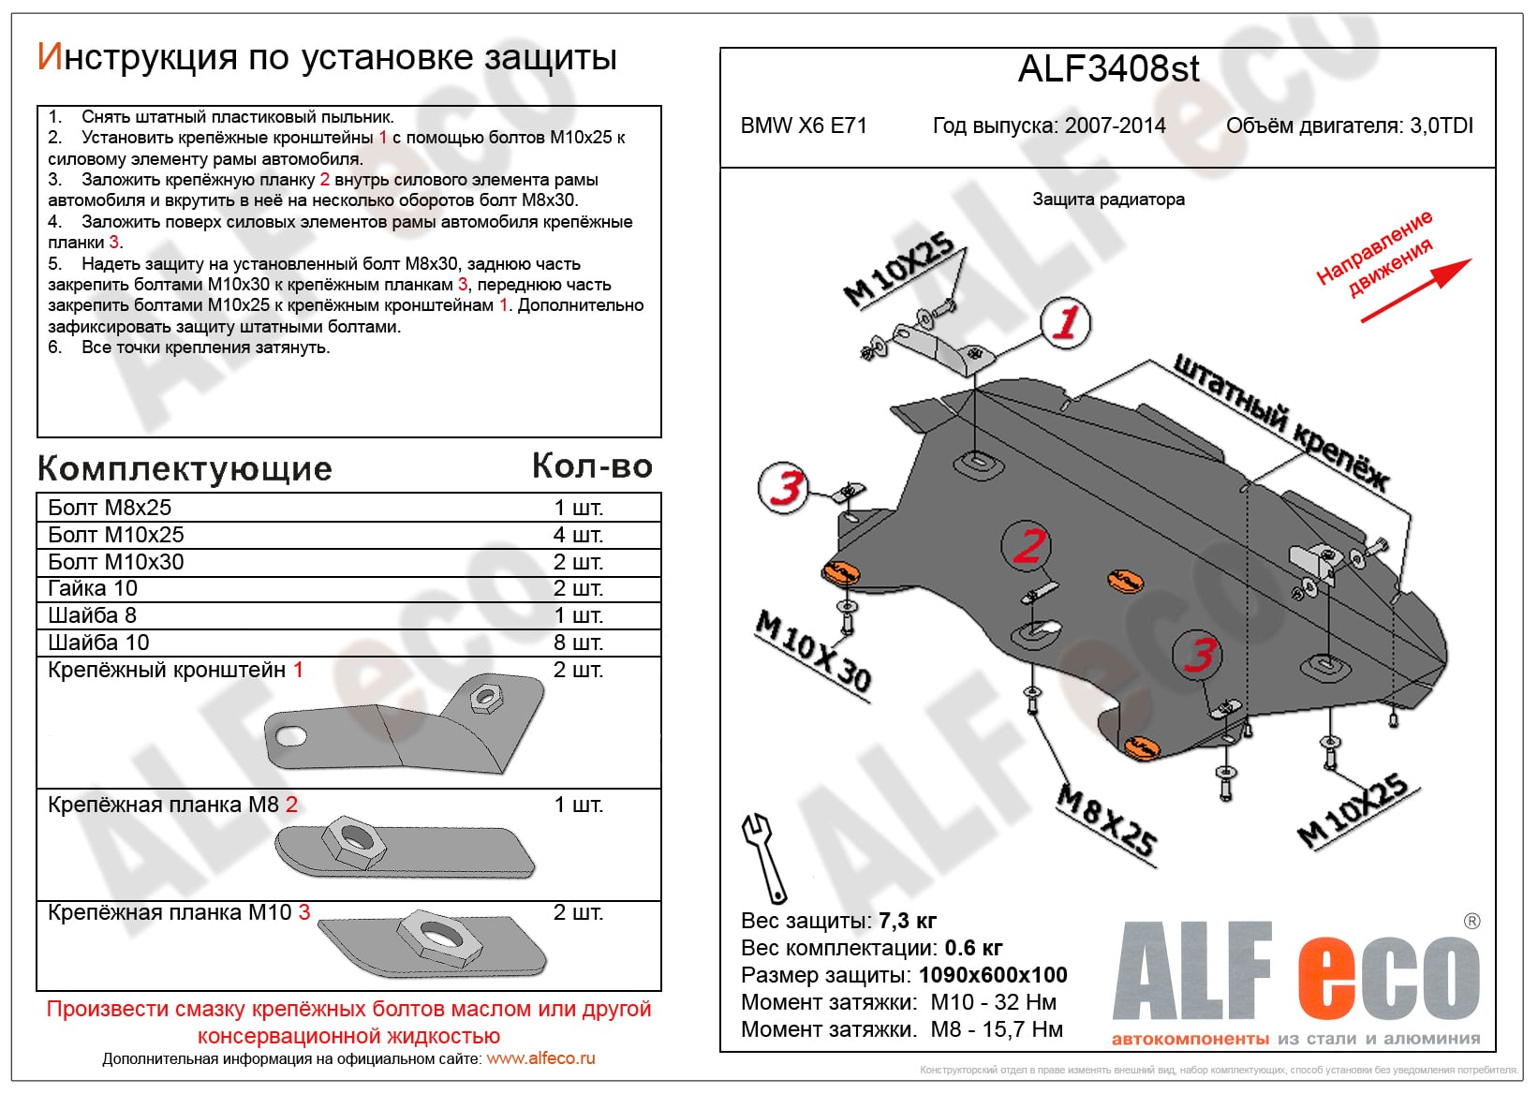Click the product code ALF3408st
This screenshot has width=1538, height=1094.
click(1108, 69)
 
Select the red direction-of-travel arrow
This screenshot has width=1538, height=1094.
click(1415, 290)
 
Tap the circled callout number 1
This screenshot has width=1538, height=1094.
click(1066, 322)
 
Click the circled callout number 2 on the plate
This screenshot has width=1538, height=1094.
click(1028, 545)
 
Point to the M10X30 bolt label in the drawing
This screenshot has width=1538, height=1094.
click(813, 650)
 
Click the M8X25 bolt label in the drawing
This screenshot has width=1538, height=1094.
click(1106, 820)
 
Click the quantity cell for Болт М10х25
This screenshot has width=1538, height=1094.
click(578, 535)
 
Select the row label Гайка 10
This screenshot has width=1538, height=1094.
click(93, 588)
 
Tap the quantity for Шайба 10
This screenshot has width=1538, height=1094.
click(578, 643)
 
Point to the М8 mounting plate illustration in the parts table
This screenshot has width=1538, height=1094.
click(403, 848)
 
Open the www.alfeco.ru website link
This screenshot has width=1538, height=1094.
click(540, 1058)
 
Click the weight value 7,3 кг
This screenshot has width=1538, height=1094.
click(908, 921)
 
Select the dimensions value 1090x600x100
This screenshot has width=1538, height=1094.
click(993, 975)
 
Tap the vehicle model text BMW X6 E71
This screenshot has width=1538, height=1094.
click(804, 126)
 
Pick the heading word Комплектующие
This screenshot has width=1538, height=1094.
click(185, 468)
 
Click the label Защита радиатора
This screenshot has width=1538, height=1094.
click(1108, 200)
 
